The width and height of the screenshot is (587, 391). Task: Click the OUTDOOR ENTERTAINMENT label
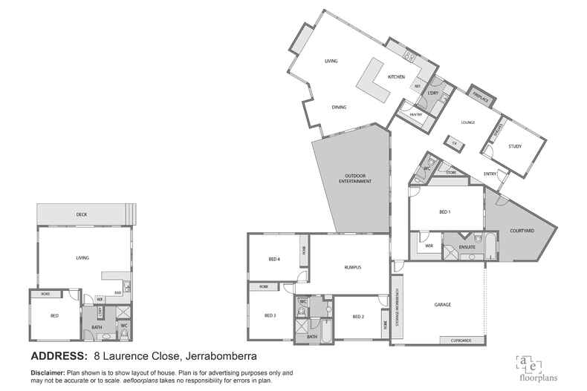point(354,179)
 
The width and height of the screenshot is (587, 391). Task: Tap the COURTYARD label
point(522,231)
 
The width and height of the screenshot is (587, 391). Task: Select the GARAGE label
point(443,305)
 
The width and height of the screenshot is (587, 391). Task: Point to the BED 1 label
point(445,212)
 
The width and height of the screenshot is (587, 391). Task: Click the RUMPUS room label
point(353,266)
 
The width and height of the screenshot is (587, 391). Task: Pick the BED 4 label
point(273,259)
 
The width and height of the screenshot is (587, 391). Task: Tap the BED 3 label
point(270,315)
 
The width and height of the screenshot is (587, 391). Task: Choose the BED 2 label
point(357,317)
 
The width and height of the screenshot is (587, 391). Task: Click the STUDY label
point(515,146)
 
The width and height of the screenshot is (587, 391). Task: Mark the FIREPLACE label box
point(480,97)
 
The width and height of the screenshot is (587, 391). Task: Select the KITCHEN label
point(396,77)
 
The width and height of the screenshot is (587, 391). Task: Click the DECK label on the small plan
point(82,214)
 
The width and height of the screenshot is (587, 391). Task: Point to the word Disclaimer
point(48,372)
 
